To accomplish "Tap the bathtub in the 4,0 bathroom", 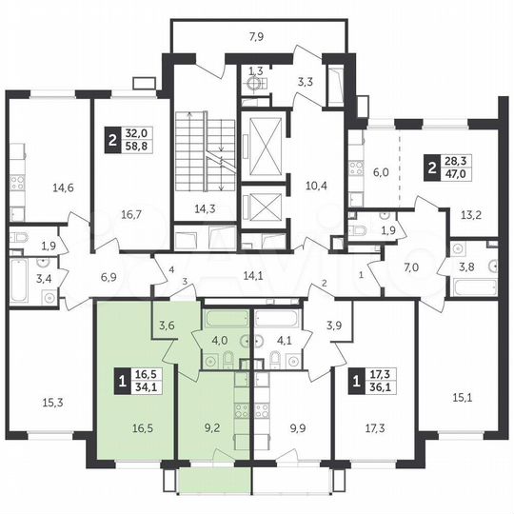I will (x=225, y=319).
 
